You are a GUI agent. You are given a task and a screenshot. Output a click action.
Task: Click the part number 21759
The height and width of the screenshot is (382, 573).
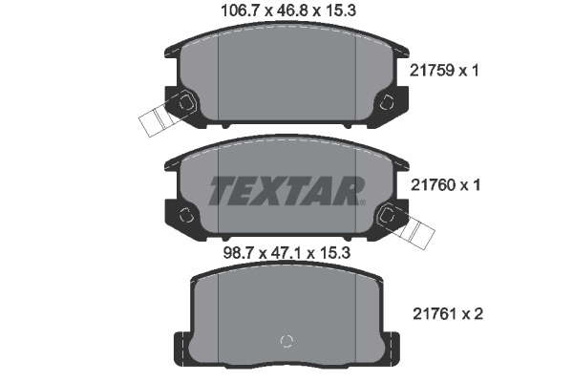432,70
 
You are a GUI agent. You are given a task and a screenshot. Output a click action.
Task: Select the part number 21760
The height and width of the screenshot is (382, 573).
433,185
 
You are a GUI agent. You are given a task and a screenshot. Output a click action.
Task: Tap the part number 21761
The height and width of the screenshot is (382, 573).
435,314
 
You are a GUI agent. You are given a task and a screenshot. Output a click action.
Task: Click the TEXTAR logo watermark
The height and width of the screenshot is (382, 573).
286,191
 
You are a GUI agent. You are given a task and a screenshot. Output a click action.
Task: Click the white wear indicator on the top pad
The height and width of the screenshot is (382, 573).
156,119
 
